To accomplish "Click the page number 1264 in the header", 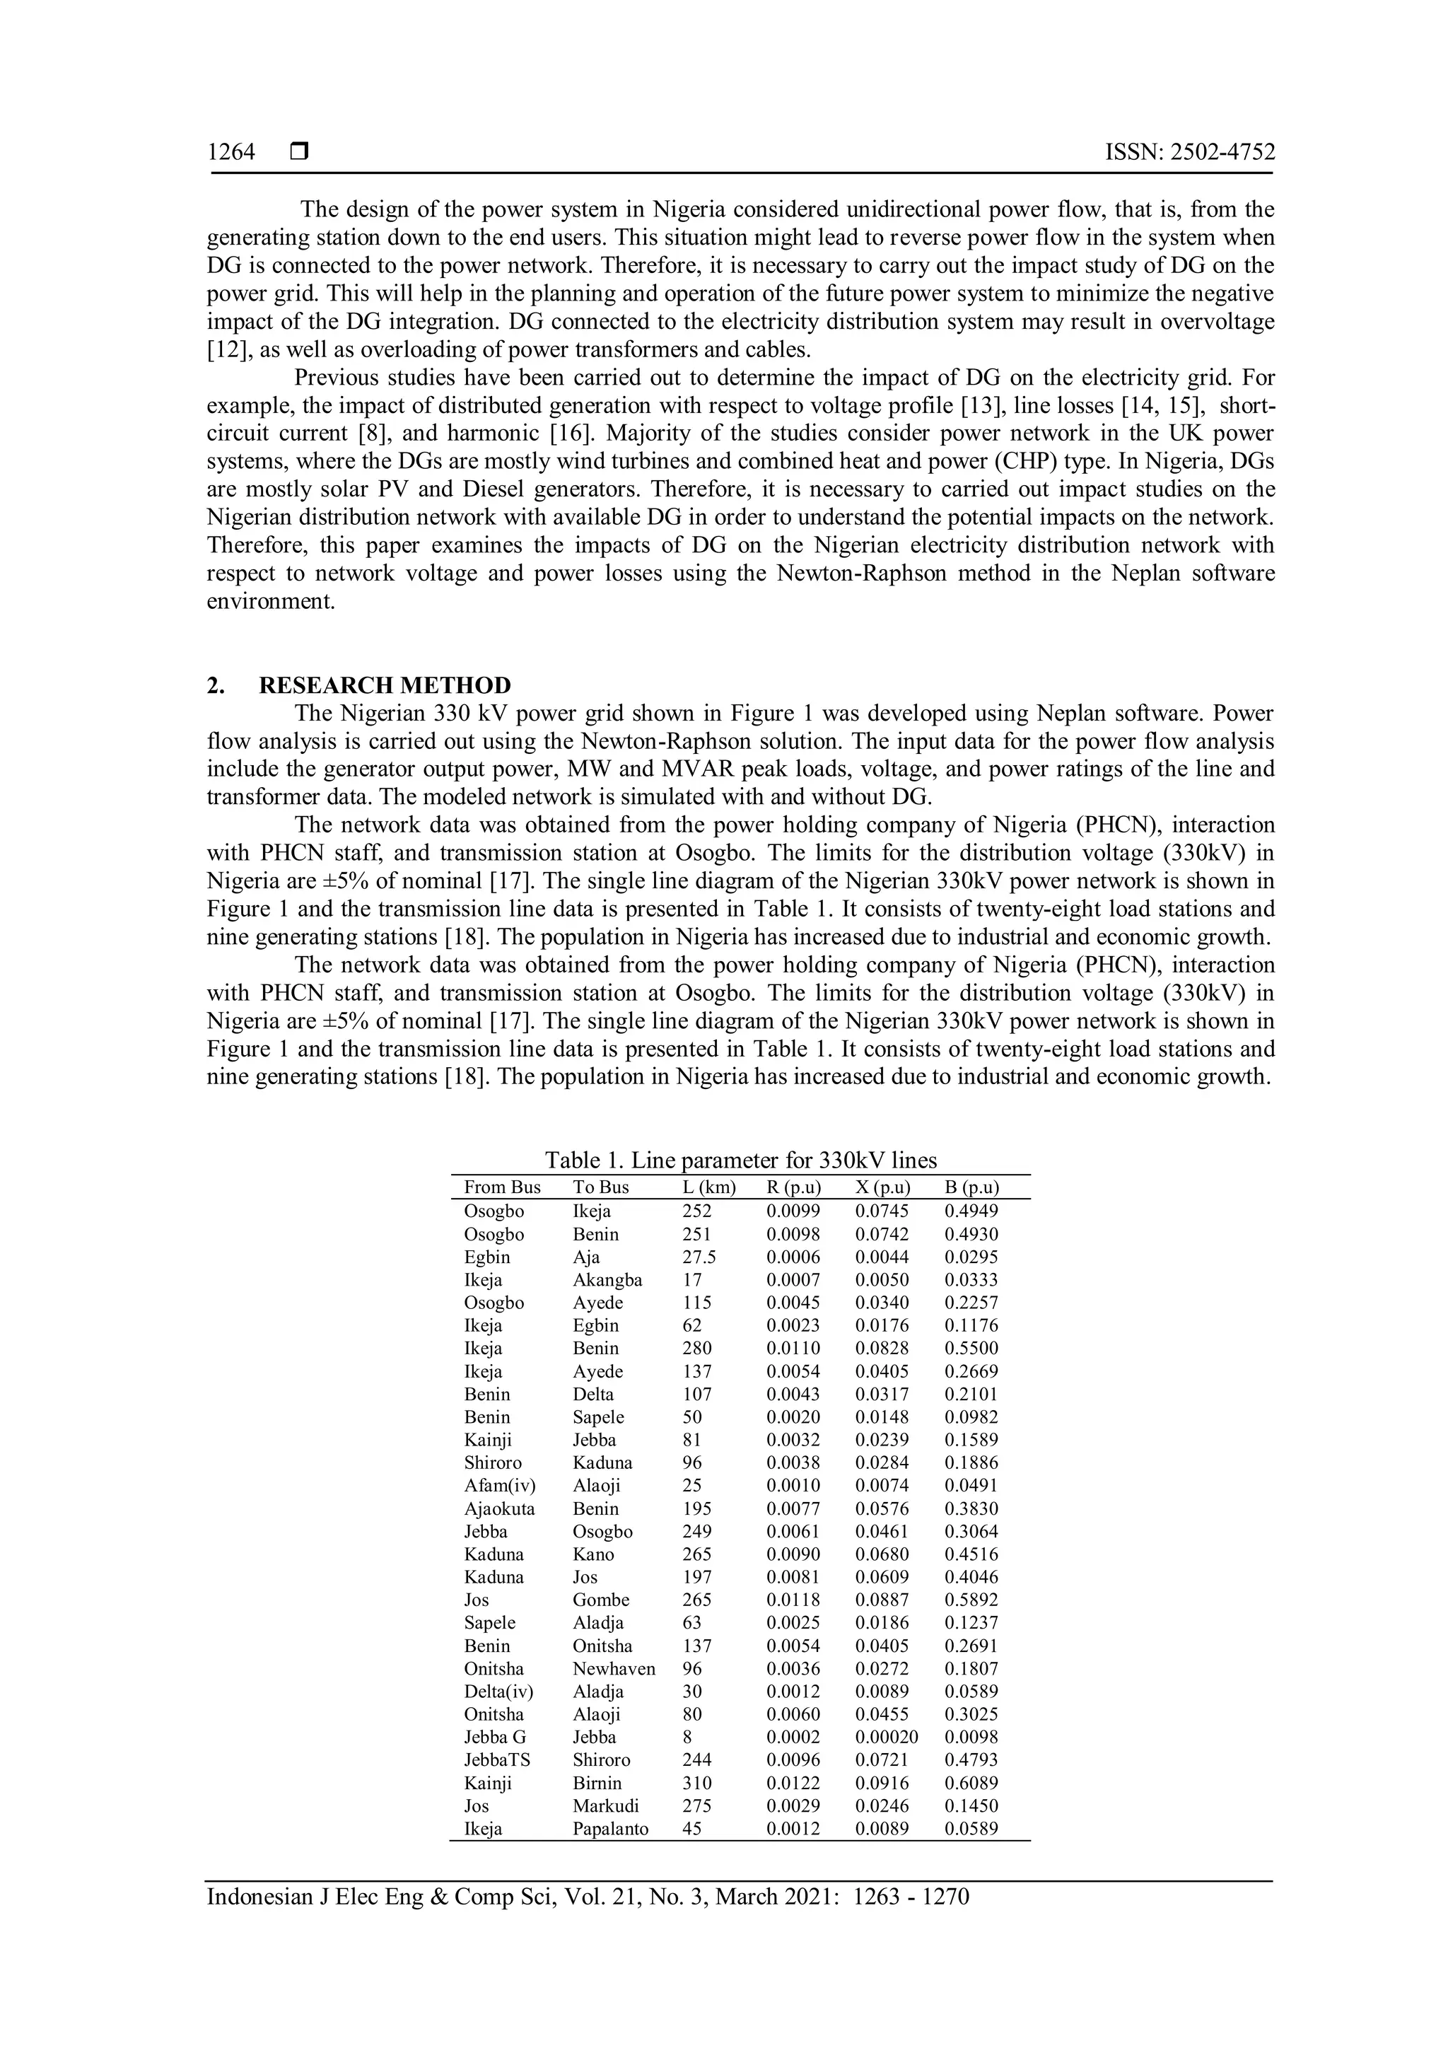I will (231, 153).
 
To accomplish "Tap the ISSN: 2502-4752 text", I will (1189, 153).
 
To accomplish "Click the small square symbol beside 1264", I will (298, 153).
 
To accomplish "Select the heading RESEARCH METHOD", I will (385, 685).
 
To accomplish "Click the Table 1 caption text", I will (740, 1160).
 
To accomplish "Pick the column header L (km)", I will (709, 1187).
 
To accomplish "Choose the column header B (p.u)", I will (971, 1187).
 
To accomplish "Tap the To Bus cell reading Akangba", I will (607, 1280).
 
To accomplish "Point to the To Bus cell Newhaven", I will (614, 1668).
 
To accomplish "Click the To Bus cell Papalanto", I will (610, 1829).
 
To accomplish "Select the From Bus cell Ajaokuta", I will (499, 1508).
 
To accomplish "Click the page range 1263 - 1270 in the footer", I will (911, 1895).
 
